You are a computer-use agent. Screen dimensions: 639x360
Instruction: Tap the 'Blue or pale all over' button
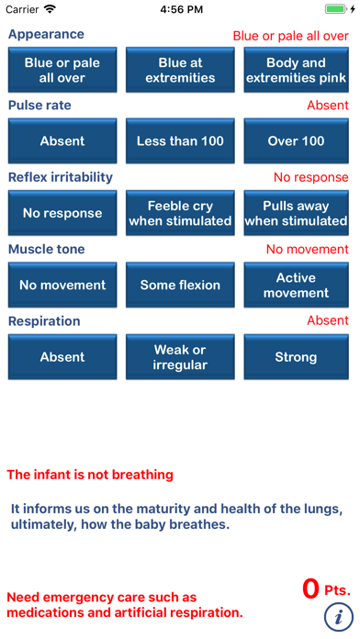pyautogui.click(x=62, y=70)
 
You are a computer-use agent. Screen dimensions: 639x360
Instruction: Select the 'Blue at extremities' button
pyautogui.click(x=180, y=70)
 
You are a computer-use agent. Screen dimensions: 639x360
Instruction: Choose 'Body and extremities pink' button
pyautogui.click(x=296, y=70)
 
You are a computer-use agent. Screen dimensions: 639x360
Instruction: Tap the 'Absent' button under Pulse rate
pyautogui.click(x=62, y=141)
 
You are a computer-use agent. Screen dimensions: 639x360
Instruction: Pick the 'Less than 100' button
pyautogui.click(x=180, y=141)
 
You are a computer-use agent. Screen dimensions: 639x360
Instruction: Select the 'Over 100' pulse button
pyautogui.click(x=296, y=141)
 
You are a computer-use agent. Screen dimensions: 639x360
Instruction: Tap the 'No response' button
pyautogui.click(x=62, y=213)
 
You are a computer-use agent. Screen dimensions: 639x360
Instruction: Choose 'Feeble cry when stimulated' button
pyautogui.click(x=180, y=213)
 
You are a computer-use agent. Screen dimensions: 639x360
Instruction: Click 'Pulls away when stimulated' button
pyautogui.click(x=296, y=213)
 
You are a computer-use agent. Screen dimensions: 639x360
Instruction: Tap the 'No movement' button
pyautogui.click(x=62, y=285)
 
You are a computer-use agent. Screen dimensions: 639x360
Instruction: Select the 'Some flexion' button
pyautogui.click(x=180, y=285)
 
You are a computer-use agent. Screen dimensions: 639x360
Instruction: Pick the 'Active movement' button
pyautogui.click(x=296, y=285)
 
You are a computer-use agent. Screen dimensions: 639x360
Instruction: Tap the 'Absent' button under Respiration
pyautogui.click(x=62, y=357)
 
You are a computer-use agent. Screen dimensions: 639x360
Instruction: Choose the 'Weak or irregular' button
pyautogui.click(x=180, y=357)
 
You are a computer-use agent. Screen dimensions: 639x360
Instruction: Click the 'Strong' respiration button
pyautogui.click(x=296, y=357)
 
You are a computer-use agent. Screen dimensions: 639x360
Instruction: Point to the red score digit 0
pyautogui.click(x=311, y=588)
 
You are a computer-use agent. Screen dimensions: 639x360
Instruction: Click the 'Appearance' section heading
pyautogui.click(x=46, y=34)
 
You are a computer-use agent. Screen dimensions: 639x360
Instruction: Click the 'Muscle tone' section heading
pyautogui.click(x=46, y=249)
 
